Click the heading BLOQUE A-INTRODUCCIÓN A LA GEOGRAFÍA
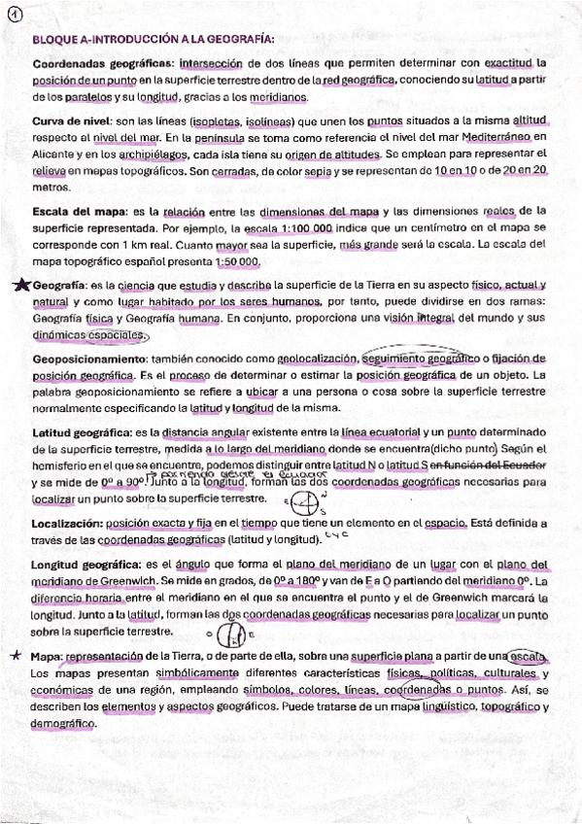coord(154,40)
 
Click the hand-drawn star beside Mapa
coord(17,655)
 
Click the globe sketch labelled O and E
coord(231,634)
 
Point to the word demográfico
coord(64,725)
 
